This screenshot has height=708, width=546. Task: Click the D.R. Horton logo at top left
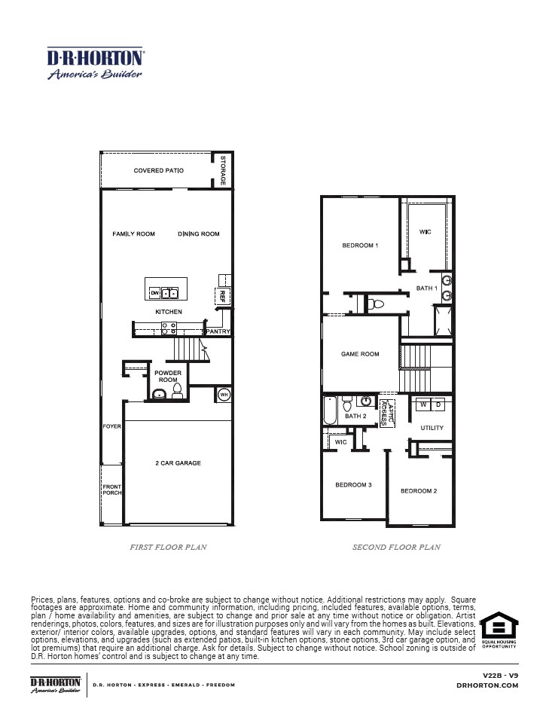(95, 63)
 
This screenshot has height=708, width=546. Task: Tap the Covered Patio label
(159, 171)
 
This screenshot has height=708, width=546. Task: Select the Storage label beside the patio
(224, 171)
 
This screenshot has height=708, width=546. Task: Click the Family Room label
(134, 234)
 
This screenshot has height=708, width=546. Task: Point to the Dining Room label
(199, 234)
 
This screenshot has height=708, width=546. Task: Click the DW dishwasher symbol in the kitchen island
(155, 292)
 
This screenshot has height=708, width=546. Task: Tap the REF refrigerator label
(222, 295)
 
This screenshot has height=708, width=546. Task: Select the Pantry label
(218, 331)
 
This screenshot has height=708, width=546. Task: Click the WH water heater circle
(224, 395)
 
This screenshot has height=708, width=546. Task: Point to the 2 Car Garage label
(178, 463)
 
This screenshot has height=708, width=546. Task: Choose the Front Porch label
(111, 490)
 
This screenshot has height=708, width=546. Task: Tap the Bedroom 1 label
(360, 246)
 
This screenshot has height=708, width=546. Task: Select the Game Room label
(360, 354)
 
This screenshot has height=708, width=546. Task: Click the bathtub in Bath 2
(331, 411)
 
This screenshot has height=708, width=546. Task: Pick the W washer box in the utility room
(423, 405)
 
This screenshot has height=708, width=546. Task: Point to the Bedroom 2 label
(419, 491)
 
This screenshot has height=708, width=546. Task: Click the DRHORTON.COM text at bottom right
(487, 685)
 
